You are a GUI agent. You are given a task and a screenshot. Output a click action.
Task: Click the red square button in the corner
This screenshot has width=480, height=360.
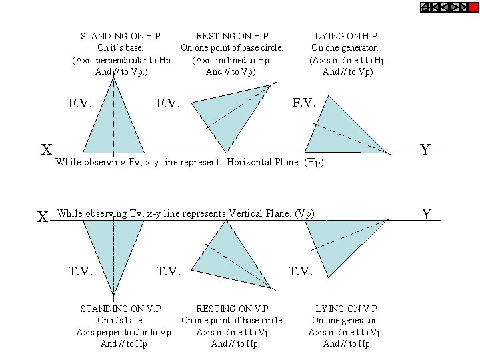(474, 7)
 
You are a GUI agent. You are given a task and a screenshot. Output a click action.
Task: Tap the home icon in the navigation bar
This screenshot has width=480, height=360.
(425, 7)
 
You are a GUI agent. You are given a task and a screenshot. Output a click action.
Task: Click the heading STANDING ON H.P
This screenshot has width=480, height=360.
(120, 36)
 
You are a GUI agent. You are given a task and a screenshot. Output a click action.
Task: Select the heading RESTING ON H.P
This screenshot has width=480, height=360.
(232, 36)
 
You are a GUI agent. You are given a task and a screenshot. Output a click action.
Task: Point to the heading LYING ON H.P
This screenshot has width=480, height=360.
(345, 36)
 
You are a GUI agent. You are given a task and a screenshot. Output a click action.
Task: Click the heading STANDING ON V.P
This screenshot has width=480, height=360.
(120, 309)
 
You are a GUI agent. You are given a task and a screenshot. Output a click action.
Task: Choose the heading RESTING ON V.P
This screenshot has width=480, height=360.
(232, 309)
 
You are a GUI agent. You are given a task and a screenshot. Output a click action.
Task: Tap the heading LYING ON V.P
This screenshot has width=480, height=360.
(345, 309)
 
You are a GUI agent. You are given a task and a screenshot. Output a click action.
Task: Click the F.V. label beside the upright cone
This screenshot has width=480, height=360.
(80, 103)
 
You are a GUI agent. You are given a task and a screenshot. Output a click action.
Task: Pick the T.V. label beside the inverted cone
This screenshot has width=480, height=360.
(80, 271)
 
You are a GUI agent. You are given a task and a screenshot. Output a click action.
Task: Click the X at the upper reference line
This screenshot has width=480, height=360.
(46, 150)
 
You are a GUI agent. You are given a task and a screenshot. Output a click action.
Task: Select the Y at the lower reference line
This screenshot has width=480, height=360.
(427, 215)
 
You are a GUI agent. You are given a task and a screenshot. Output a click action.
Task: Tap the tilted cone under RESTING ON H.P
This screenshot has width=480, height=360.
(233, 117)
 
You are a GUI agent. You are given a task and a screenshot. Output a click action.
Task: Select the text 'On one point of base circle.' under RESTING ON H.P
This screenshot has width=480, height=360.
(232, 48)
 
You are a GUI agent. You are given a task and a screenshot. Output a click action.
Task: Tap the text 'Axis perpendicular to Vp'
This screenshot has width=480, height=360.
(124, 332)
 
